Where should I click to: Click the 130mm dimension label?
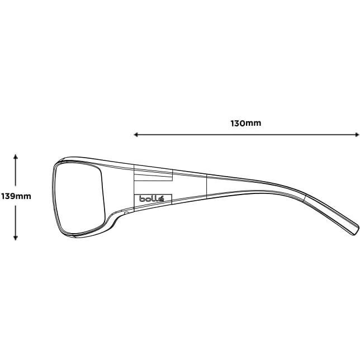click(x=245, y=123)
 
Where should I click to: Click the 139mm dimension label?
click(x=16, y=196)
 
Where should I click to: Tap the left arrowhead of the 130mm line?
click(x=136, y=134)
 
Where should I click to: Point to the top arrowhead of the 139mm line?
click(x=16, y=157)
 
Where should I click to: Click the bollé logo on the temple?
click(x=148, y=198)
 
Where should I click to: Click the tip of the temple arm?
click(x=355, y=230)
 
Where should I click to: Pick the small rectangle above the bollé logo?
click(x=152, y=178)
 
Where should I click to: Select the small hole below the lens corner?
click(x=126, y=213)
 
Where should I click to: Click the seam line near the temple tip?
click(x=305, y=197)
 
